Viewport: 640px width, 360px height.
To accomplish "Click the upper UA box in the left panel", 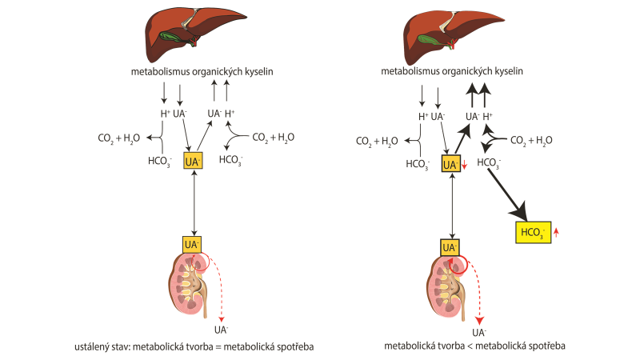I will click(193, 161).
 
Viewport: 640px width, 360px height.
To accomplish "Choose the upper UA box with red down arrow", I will click(450, 164).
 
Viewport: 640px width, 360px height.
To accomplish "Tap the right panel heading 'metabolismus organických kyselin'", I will click(453, 72).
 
